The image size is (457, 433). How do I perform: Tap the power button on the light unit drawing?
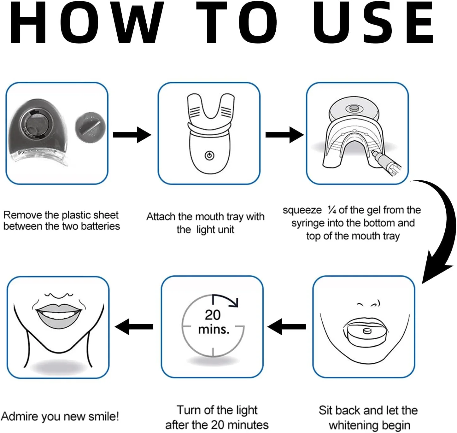(x=209, y=155)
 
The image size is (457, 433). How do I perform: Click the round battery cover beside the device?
(x=90, y=127)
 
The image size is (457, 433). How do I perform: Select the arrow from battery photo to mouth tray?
(x=132, y=135)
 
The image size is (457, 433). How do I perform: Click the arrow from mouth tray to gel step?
(x=284, y=135)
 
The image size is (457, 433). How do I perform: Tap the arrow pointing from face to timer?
(x=287, y=327)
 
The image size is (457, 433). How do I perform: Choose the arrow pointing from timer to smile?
(x=134, y=327)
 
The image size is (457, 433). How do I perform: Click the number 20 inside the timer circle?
(x=213, y=315)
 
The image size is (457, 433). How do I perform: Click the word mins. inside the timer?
(x=214, y=330)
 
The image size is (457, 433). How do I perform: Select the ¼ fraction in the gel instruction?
(x=332, y=210)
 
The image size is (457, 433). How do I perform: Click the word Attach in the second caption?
(x=161, y=216)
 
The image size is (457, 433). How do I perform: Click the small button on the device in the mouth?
(x=367, y=331)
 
